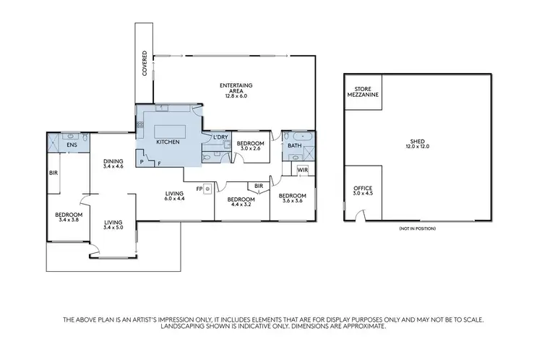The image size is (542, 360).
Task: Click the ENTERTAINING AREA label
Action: [236, 90]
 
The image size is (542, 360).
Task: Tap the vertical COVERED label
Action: [145, 64]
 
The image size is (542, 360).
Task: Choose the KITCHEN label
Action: [168, 142]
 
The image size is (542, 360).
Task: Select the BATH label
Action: [294, 145]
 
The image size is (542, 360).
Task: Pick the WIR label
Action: [303, 171]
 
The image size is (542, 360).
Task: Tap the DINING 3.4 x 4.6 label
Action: [113, 164]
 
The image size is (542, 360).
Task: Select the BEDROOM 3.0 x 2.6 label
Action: [251, 145]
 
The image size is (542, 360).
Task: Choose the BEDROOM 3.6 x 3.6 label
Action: [293, 198]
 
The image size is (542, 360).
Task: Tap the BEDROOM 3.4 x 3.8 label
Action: [69, 217]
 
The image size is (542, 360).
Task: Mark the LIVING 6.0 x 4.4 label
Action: [176, 195]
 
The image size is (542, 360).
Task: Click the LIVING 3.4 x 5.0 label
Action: [113, 226]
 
